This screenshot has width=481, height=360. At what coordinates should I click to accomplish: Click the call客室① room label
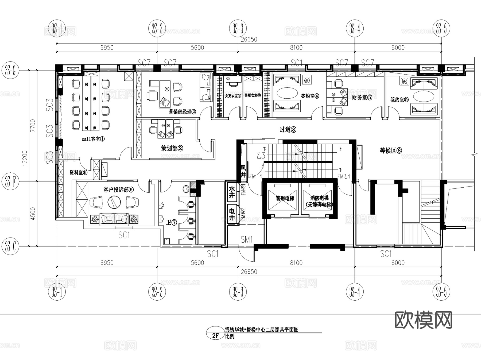pyautogui.click(x=93, y=139)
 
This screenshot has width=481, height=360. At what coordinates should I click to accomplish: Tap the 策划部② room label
pyautogui.click(x=172, y=148)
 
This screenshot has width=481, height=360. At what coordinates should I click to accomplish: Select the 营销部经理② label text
pyautogui.click(x=182, y=111)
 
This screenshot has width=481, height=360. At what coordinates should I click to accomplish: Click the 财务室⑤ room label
pyautogui.click(x=362, y=98)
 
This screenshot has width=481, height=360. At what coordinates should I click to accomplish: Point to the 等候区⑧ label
pyautogui.click(x=391, y=150)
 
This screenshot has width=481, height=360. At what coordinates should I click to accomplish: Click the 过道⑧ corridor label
pyautogui.click(x=288, y=130)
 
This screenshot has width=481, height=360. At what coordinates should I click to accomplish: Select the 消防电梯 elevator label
pyautogui.click(x=319, y=198)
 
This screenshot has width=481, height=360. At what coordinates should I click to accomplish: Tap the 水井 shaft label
pyautogui.click(x=231, y=192)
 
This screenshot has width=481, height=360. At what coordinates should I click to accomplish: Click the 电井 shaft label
pyautogui.click(x=231, y=215)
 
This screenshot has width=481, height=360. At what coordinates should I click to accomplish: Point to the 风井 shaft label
pyautogui.click(x=243, y=171)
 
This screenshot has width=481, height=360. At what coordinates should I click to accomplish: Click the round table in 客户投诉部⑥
pyautogui.click(x=114, y=202)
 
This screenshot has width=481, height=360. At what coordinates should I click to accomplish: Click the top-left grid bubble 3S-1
pyautogui.click(x=57, y=28)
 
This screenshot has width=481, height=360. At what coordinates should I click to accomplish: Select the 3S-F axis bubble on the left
pyautogui.click(x=10, y=181)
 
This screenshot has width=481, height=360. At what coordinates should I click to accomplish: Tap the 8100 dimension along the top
pyautogui.click(x=296, y=48)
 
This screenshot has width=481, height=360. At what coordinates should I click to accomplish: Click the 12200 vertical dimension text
pyautogui.click(x=25, y=158)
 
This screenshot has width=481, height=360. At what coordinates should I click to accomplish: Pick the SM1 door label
pyautogui.click(x=246, y=239)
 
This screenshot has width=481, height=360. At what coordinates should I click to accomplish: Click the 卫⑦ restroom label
pyautogui.click(x=172, y=222)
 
